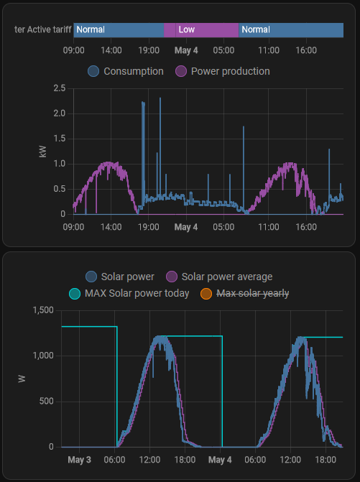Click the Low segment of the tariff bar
click(201, 30)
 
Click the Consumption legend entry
click(126, 71)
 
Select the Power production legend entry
click(223, 71)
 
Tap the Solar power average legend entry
click(219, 277)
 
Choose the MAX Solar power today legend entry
click(129, 293)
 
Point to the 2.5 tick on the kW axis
click(60, 88)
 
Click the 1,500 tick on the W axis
click(43, 310)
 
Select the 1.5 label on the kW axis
click(60, 139)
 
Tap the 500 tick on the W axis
click(47, 401)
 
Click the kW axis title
click(42, 152)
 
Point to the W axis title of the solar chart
click(22, 379)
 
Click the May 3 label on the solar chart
click(79, 460)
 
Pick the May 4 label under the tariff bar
click(186, 50)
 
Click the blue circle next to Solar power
click(91, 277)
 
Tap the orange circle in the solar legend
click(206, 294)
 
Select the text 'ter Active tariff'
click(42, 29)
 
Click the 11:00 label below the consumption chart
click(269, 227)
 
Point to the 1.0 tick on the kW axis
click(60, 164)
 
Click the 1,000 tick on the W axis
click(43, 356)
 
